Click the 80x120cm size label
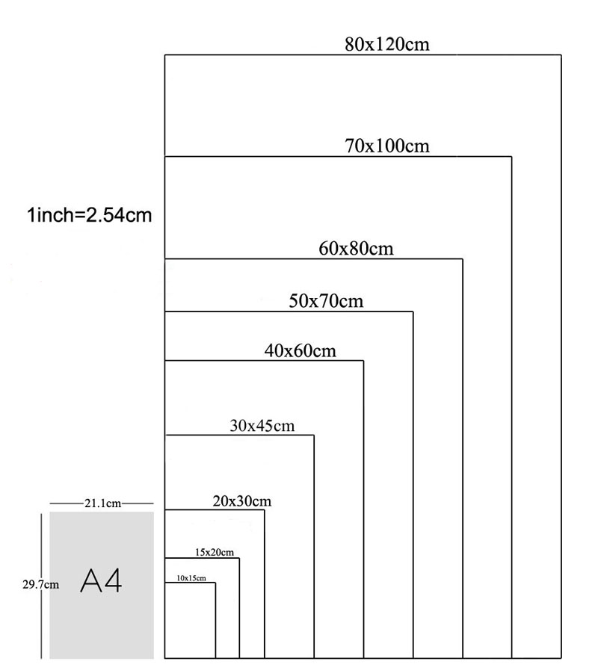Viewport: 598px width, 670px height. point(387,44)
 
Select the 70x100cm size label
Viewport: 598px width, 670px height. point(387,146)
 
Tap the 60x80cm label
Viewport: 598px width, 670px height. point(356,249)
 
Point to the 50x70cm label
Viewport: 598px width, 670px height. point(326,301)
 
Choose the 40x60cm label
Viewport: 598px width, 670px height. point(300,351)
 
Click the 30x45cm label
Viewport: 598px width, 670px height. point(262,426)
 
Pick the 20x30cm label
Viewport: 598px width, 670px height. point(242,500)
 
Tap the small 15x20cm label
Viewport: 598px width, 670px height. point(215,552)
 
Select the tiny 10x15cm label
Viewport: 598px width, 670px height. point(191,578)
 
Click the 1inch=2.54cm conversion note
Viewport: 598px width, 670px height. point(90,215)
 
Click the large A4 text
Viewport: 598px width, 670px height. point(101,580)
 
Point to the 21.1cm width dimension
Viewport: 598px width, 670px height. point(102,503)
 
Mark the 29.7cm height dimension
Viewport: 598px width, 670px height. point(40,585)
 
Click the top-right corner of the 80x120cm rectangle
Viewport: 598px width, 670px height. point(561,55)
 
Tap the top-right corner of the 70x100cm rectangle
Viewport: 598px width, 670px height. point(511,157)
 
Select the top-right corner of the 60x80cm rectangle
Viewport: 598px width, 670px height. point(463,259)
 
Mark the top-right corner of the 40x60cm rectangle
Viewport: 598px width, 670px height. point(363,361)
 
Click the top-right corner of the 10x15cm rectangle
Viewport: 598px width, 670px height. point(215,583)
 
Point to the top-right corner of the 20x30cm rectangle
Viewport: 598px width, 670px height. point(265,509)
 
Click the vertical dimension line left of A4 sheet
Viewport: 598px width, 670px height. point(42,586)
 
